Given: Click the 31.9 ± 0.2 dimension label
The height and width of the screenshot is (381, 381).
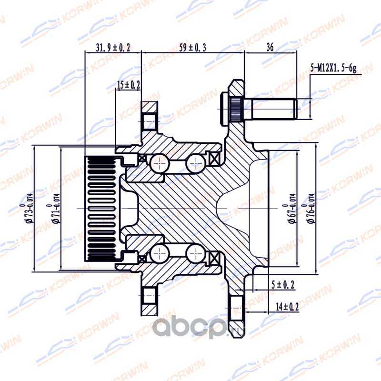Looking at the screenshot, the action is pos(113,47).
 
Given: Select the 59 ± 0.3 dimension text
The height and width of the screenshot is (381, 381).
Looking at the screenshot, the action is pos(193,47).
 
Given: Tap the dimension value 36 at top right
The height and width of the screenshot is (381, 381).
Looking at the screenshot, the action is pos(270,47).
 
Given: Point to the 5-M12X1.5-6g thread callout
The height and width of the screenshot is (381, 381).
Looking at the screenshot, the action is pos(333,68).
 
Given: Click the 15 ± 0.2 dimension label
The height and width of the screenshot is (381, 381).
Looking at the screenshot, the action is pos(129,85).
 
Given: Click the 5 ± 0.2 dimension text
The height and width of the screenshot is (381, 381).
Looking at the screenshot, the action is pos(282,285).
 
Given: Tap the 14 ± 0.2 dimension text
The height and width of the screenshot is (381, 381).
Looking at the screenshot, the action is pos(287,307).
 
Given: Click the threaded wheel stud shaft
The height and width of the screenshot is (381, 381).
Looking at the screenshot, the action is pos(273,109).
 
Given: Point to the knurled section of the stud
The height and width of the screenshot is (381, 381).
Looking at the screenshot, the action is pos(235,109).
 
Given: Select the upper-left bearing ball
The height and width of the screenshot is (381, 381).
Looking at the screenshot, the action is pos(160,163).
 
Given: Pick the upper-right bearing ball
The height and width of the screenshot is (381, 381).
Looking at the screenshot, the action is pos(196,163).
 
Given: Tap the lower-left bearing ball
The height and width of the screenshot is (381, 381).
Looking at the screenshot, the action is pos(160,254).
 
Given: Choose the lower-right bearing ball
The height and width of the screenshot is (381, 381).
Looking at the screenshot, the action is pos(196,254).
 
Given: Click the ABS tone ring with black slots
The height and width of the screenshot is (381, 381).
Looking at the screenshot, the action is pos(101,209).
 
